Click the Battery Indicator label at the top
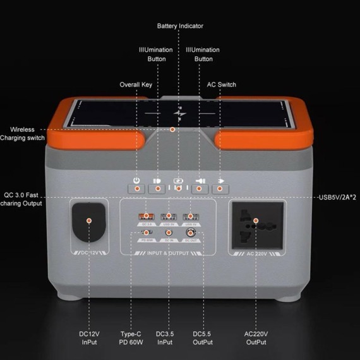tap(180, 26)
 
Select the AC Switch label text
tap(222, 85)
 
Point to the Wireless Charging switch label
tap(22, 133)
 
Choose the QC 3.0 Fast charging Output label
tap(23, 199)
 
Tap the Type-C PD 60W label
tap(133, 338)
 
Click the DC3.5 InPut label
tap(169, 338)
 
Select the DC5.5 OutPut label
tap(203, 338)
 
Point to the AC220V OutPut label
tap(256, 338)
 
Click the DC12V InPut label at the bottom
tap(89, 338)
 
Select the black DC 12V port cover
tap(89, 222)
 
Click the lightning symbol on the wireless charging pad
tap(180, 114)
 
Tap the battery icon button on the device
tap(178, 188)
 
